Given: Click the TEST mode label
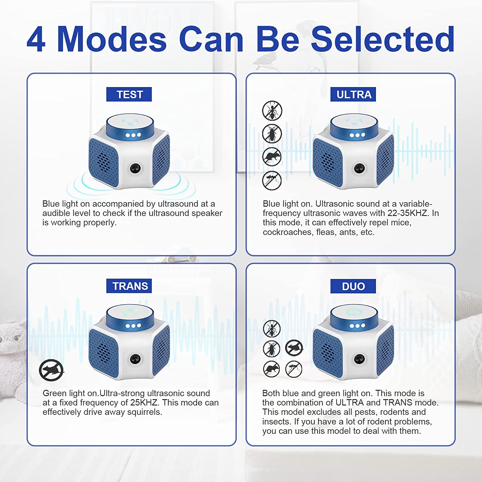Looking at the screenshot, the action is point(129,94).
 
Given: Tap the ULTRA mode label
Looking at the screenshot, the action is point(353,94).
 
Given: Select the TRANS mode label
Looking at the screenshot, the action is point(129,286).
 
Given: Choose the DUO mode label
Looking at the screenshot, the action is point(353,286).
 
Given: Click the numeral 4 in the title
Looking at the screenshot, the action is point(36,39).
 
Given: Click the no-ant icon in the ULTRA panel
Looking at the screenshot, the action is point(272,111).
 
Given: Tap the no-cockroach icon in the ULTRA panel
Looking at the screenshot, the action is point(272,134).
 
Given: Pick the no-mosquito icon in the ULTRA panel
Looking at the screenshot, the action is point(272,181).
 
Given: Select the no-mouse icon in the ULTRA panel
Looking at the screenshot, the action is point(272,157).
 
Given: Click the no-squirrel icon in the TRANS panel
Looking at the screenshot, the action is point(51,370).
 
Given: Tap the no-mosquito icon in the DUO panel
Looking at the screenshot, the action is point(294,369).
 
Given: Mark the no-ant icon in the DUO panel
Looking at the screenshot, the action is point(272,328).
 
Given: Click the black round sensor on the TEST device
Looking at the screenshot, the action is point(135,168).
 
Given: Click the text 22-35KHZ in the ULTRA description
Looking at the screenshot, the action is point(408,213).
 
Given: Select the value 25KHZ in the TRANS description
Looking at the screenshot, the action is point(144,403).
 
